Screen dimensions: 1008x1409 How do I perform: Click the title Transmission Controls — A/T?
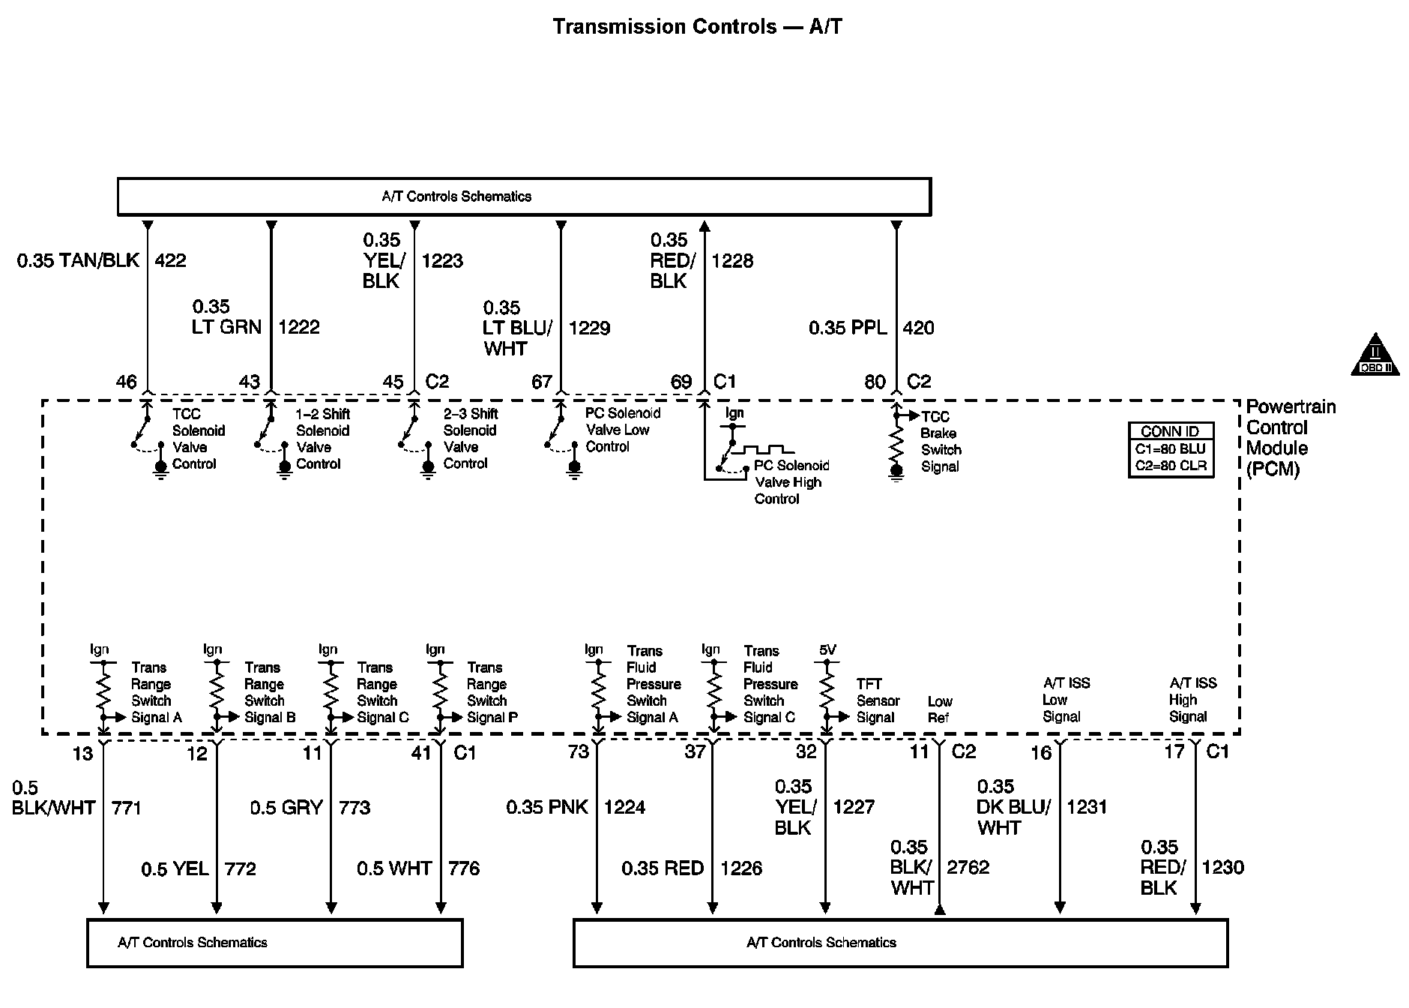click(x=697, y=27)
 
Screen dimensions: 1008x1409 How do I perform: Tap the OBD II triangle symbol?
click(x=1375, y=355)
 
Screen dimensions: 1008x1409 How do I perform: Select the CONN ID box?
click(x=1170, y=449)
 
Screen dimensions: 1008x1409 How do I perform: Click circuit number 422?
click(x=170, y=260)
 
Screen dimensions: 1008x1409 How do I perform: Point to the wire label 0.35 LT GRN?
click(x=226, y=316)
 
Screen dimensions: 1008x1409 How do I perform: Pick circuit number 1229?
click(x=589, y=328)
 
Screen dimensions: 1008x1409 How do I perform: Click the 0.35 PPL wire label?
click(x=848, y=328)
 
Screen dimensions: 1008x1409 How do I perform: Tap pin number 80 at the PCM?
click(x=875, y=382)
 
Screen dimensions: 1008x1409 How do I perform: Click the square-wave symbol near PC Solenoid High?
click(x=764, y=449)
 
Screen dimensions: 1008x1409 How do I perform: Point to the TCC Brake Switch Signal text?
click(x=940, y=442)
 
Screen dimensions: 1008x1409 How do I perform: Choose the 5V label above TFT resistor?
click(x=827, y=650)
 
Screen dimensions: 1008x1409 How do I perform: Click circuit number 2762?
click(x=968, y=868)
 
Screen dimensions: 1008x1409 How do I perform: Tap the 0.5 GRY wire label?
click(x=286, y=808)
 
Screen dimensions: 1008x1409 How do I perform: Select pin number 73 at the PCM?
click(x=578, y=751)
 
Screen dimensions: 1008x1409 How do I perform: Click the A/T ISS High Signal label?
click(x=1192, y=700)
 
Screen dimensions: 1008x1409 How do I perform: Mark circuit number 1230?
click(x=1222, y=868)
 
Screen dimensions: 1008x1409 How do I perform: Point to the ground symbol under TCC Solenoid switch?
click(x=160, y=469)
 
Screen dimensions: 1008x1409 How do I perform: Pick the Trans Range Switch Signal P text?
click(x=492, y=692)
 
